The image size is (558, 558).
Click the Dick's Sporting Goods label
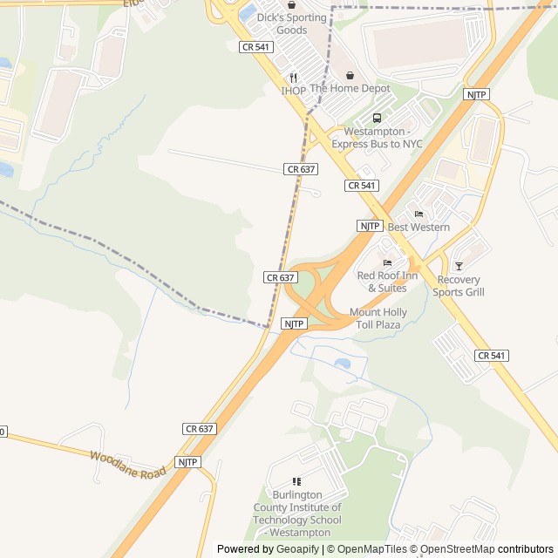click(291, 24)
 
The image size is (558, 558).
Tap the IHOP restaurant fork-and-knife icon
click(294, 78)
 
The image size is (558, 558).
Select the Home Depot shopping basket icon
click(350, 76)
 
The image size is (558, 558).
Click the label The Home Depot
click(350, 89)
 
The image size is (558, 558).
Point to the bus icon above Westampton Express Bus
click(377, 119)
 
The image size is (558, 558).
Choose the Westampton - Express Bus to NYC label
click(383, 137)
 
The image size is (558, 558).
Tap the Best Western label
click(418, 228)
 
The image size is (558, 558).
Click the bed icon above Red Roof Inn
click(387, 263)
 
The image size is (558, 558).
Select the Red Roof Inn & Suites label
click(387, 282)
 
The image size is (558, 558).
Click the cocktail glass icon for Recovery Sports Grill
click(459, 267)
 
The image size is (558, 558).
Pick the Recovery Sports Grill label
click(459, 286)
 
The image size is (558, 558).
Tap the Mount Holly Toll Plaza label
click(378, 318)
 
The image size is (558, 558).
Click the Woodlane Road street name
click(127, 464)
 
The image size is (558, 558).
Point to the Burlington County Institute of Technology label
click(297, 514)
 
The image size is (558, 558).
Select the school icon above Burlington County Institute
click(296, 481)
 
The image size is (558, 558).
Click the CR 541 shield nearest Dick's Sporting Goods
click(255, 46)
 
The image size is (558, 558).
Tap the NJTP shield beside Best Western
click(370, 226)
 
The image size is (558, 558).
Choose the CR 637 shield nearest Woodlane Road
click(200, 429)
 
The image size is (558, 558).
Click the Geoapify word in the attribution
click(298, 549)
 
